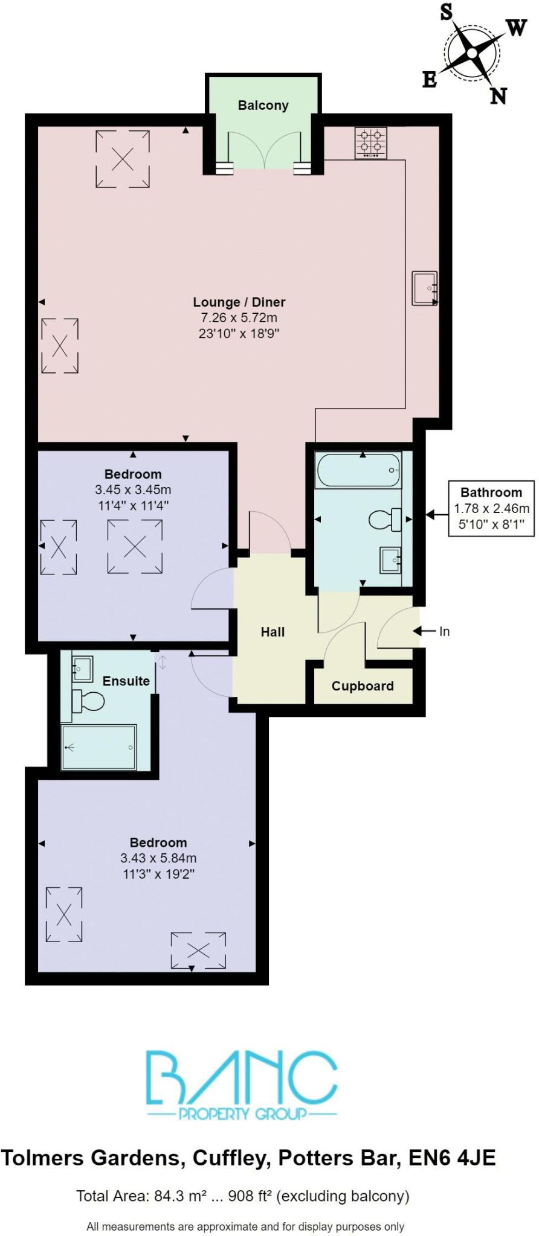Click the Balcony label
(x=263, y=105)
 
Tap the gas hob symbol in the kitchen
(x=370, y=144)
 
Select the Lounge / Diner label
(x=239, y=302)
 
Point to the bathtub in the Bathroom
(x=359, y=470)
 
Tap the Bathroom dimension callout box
(x=491, y=508)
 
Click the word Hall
(x=273, y=632)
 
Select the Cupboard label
(x=363, y=686)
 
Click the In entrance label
(x=444, y=631)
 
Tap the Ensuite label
(x=126, y=681)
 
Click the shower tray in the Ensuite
(x=100, y=747)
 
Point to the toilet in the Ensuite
(x=88, y=701)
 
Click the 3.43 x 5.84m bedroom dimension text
(x=158, y=858)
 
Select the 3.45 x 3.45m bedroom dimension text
(x=133, y=489)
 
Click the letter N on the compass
(x=498, y=96)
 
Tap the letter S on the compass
(x=446, y=11)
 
